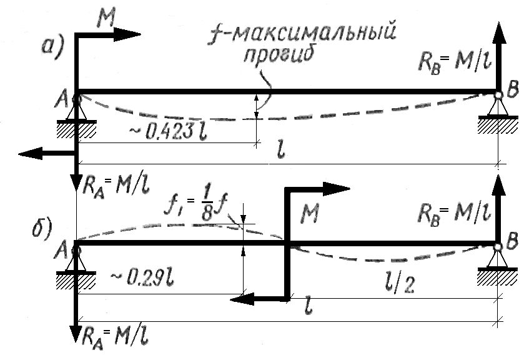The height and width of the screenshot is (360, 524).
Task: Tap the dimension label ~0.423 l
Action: point(169,132)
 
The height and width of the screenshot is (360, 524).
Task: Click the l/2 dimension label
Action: point(400,284)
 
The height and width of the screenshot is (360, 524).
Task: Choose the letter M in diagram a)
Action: point(106,17)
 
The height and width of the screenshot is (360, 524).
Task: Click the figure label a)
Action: point(53,47)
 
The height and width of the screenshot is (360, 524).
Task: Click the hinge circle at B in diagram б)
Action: point(498,247)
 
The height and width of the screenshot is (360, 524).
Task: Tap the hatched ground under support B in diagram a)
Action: point(498,126)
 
